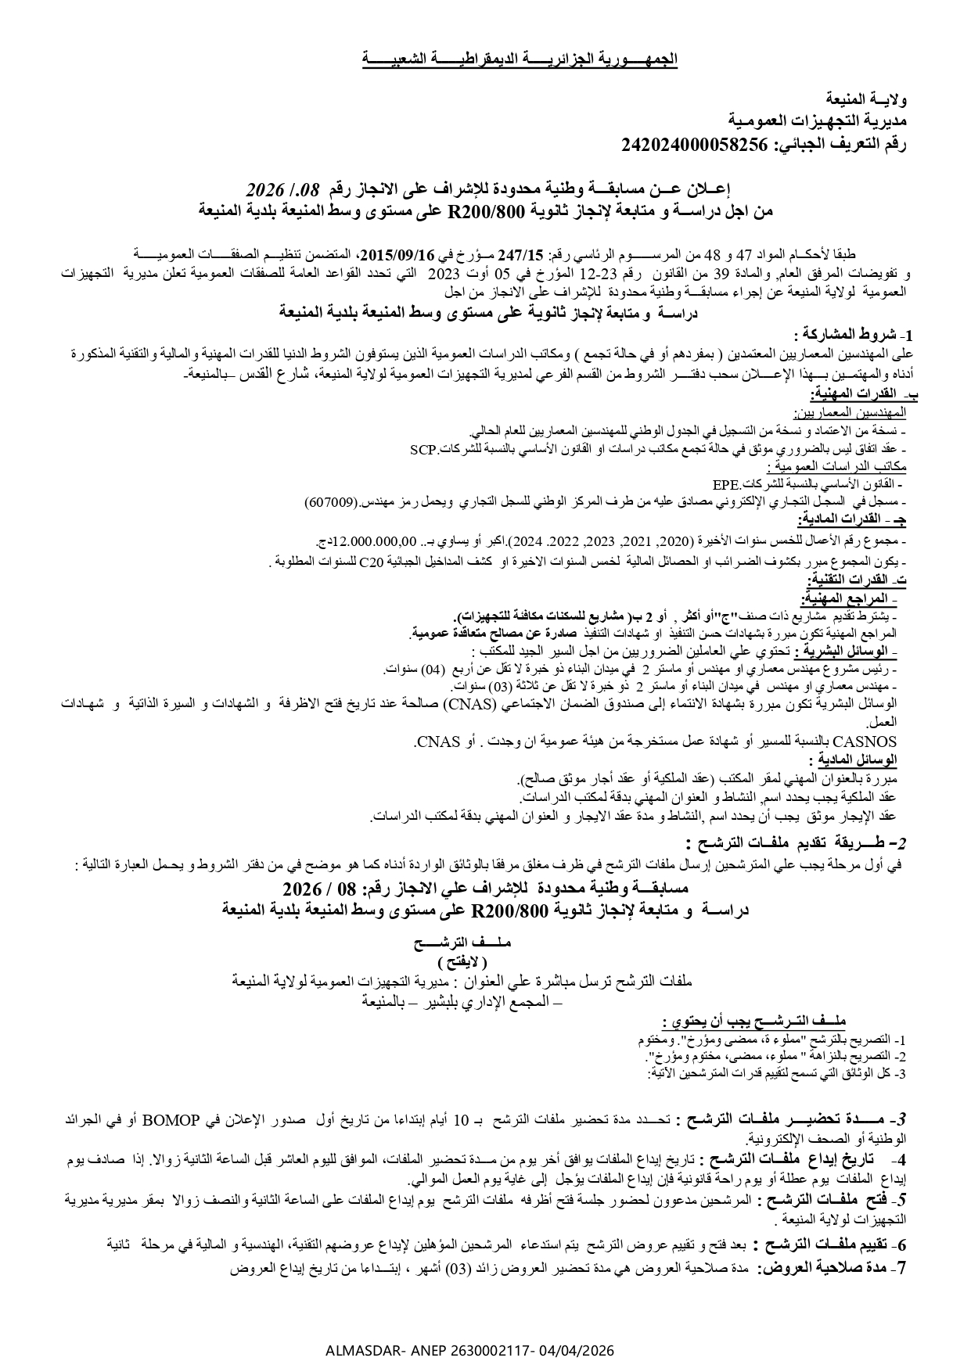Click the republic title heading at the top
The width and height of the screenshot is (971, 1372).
[520, 59]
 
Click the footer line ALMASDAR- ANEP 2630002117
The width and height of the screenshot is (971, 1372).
[469, 1350]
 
